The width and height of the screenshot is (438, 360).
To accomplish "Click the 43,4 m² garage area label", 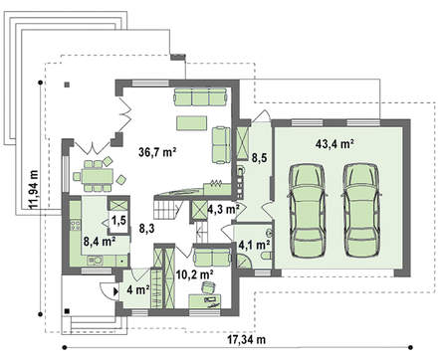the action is [334, 144].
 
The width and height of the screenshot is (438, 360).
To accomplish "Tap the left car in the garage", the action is [308, 211].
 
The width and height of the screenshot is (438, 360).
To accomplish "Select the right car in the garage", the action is [360, 211].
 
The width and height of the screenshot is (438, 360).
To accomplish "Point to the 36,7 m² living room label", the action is [157, 152].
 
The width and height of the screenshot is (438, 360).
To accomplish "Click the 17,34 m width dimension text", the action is [246, 339].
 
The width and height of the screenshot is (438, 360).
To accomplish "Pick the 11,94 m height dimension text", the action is [34, 190].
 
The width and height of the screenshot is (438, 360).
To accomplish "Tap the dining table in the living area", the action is [98, 176].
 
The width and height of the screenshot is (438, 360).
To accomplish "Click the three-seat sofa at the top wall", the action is [200, 96].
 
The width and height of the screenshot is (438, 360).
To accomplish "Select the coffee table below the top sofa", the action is [192, 123].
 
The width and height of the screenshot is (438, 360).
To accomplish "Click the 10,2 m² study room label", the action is [195, 274].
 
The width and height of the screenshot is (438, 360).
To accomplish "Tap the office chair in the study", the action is [208, 287].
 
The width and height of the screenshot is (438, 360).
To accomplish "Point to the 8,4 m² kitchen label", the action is [100, 242].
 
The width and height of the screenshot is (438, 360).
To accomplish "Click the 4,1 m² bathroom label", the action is [254, 245].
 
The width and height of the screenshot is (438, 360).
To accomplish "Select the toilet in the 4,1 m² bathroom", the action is [267, 256].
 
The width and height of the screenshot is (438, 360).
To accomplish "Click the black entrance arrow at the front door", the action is [115, 291].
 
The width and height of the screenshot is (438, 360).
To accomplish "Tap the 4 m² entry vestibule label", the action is [138, 290].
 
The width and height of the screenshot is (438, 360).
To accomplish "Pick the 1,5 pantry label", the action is [118, 220].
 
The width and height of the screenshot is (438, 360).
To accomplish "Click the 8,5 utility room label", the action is [259, 158].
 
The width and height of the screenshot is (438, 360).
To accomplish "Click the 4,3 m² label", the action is [224, 210].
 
